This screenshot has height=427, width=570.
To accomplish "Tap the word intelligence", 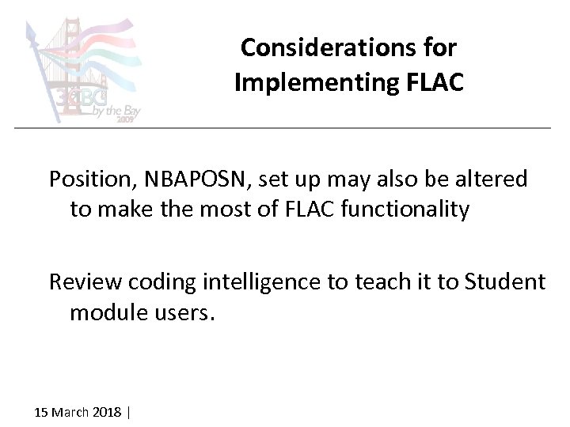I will tap(252, 282).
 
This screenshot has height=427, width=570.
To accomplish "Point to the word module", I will tap(103, 312).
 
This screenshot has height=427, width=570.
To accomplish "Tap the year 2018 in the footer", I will tap(108, 413).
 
